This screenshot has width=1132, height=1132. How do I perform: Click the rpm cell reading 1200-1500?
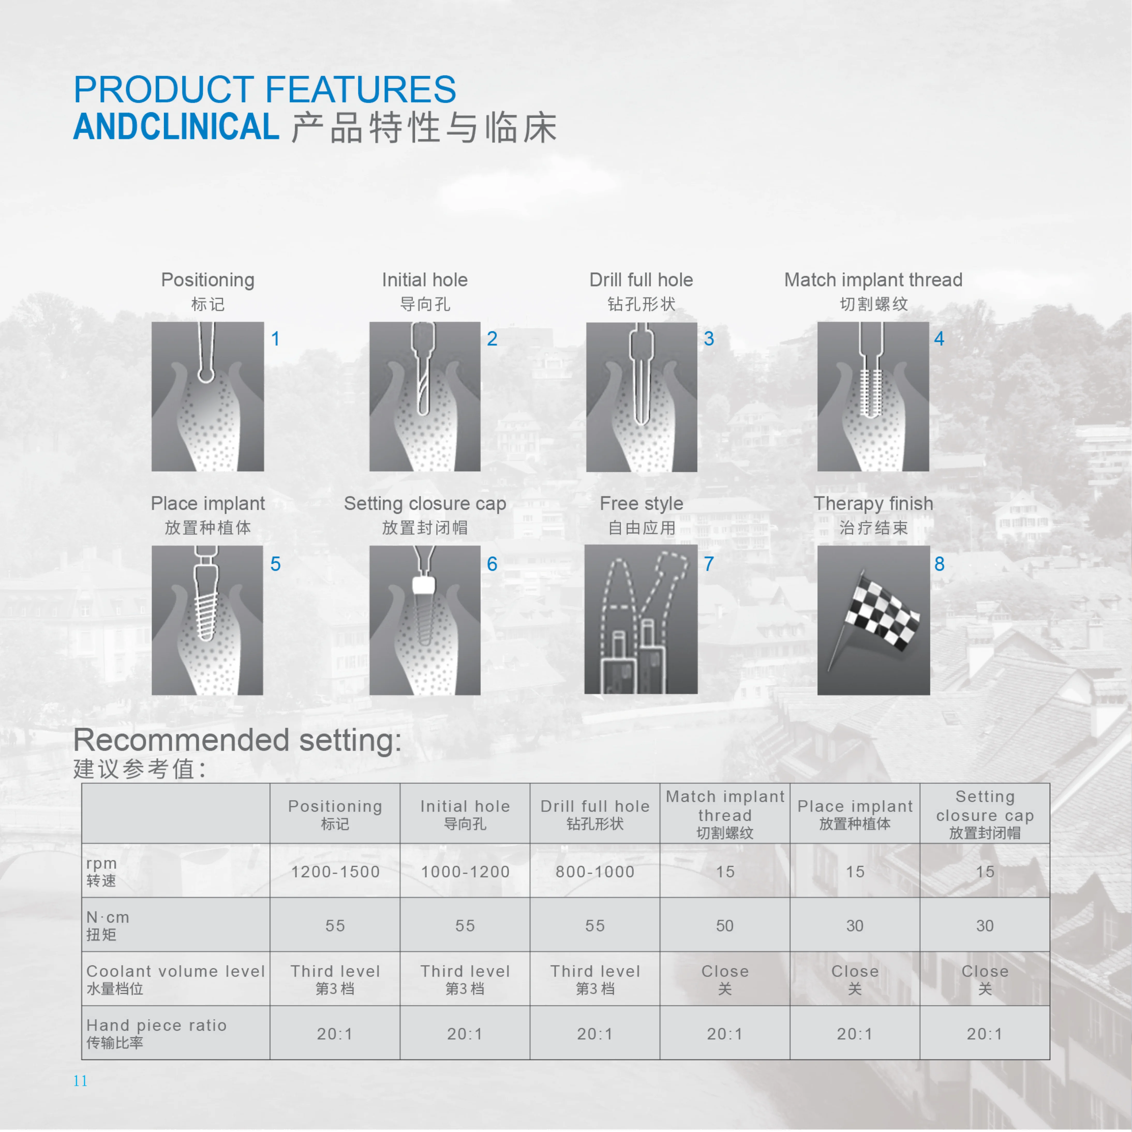pyautogui.click(x=335, y=872)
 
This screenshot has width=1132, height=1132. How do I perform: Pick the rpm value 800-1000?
pyautogui.click(x=595, y=872)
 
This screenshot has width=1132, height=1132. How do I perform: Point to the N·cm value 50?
pyautogui.click(x=725, y=926)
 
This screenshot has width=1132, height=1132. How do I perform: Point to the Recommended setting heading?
pyautogui.click(x=237, y=740)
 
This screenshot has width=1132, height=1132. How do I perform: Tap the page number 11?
pyautogui.click(x=80, y=1081)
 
